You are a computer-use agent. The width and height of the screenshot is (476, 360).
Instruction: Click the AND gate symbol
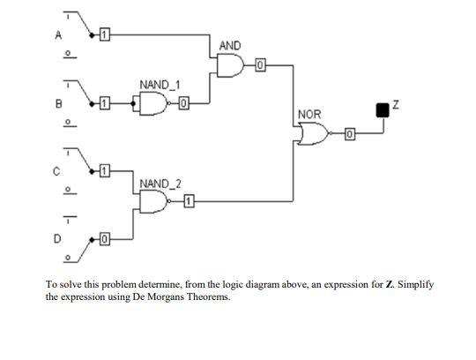point(230,64)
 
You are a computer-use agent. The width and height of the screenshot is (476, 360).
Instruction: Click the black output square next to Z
point(382,109)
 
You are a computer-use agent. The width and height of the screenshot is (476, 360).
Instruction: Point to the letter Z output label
point(396,106)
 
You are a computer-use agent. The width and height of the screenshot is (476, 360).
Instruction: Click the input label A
point(59,36)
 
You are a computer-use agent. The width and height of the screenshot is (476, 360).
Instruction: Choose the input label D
point(59,238)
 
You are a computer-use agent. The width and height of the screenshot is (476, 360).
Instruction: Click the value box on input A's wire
point(104,34)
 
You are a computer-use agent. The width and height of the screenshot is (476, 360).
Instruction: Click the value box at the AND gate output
point(261,64)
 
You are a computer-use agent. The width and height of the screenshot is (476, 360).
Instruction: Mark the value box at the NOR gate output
point(349,134)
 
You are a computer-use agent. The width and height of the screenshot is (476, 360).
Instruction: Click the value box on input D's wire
point(104,238)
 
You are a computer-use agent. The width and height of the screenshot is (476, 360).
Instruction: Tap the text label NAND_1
point(160,85)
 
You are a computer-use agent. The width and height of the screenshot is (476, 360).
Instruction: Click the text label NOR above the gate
point(309,115)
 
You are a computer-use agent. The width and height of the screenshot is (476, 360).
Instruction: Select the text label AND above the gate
point(229,45)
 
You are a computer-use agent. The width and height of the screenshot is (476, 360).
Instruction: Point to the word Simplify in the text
point(415,286)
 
